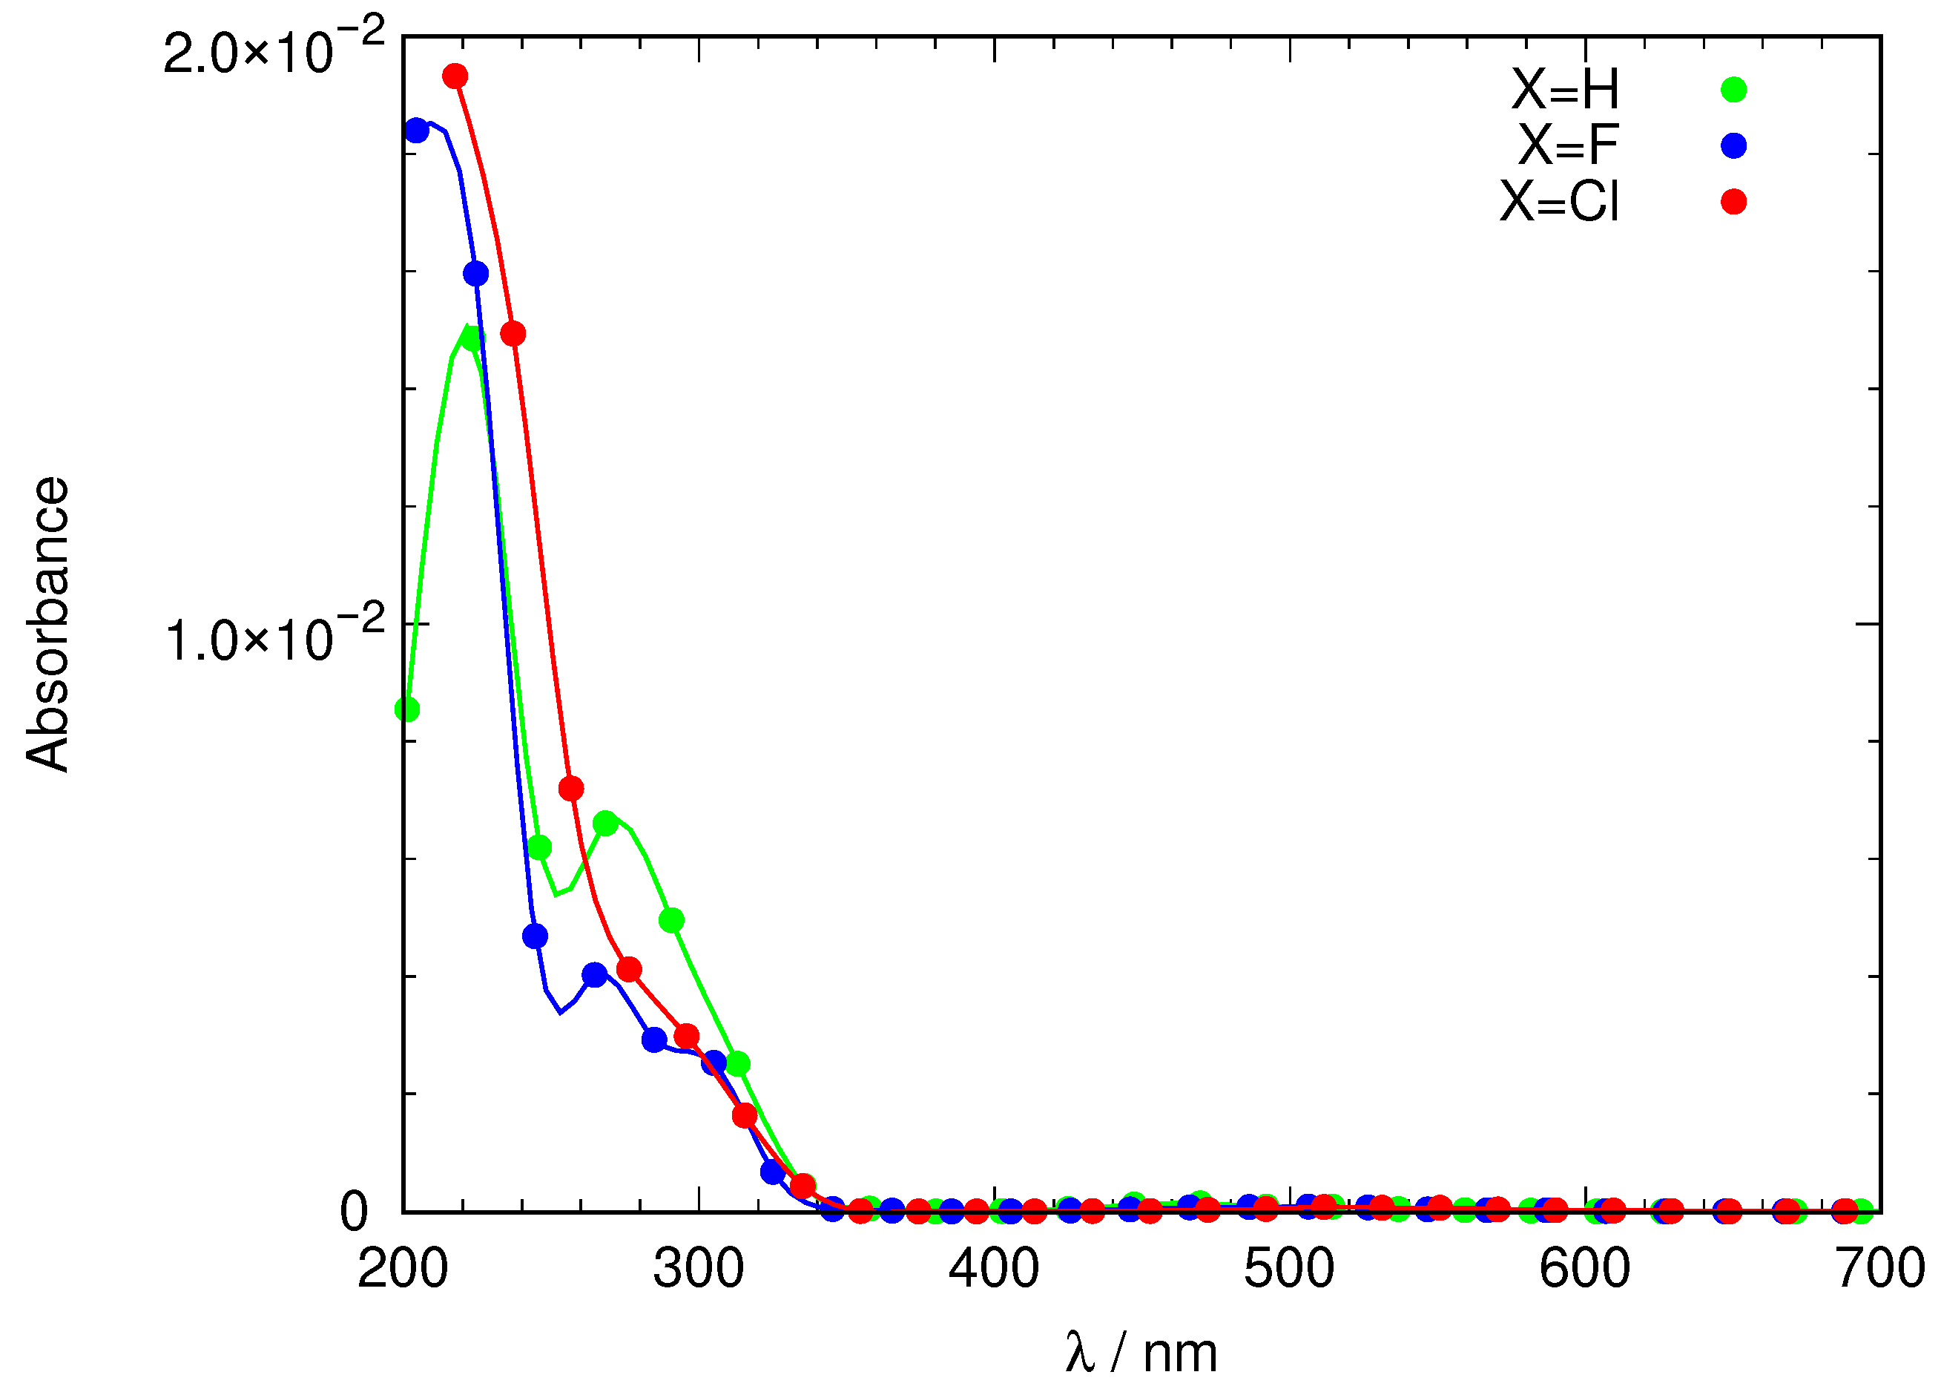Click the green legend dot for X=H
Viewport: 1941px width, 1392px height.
coord(1733,90)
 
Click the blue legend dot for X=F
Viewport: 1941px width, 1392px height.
coord(1733,145)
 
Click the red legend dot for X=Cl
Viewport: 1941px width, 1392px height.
coord(1733,202)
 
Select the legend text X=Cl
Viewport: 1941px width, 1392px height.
coord(1559,202)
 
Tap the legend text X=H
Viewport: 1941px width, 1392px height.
coord(1564,89)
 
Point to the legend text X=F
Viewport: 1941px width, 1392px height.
coord(1568,145)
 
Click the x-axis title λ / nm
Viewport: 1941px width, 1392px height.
coord(1141,1353)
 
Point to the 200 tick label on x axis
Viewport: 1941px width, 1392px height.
coord(402,1268)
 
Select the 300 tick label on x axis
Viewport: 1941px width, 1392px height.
coord(699,1268)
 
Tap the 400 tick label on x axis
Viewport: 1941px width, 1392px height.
coord(994,1268)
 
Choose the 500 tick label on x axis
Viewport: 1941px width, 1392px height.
coord(1289,1268)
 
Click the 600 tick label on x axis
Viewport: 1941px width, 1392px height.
coord(1584,1268)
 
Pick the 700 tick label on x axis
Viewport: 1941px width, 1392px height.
coord(1880,1268)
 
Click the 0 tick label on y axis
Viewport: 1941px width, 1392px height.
coord(354,1212)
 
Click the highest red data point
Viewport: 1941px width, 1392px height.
coord(455,76)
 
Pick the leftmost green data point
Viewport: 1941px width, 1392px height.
coord(407,709)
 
